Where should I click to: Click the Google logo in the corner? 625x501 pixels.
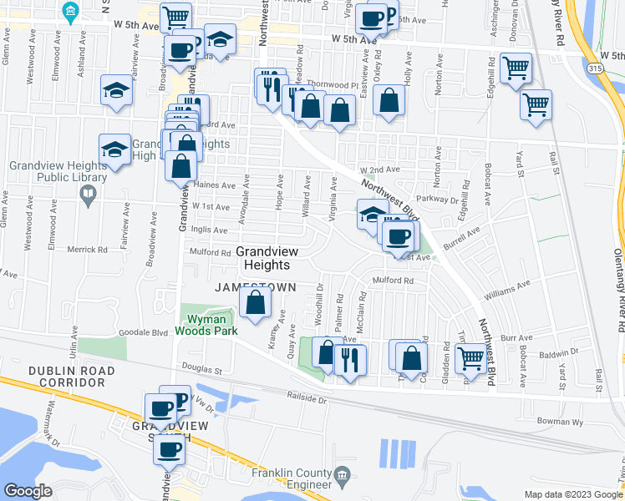pos(28,491)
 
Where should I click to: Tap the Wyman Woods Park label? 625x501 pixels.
pos(206,325)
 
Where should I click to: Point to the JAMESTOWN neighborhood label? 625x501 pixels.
pos(255,286)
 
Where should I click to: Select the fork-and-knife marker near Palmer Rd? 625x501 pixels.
pos(348,360)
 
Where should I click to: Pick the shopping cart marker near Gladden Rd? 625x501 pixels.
pos(471,358)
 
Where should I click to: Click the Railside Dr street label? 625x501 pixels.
pos(305,398)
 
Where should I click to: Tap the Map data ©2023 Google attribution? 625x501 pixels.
pos(573,494)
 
